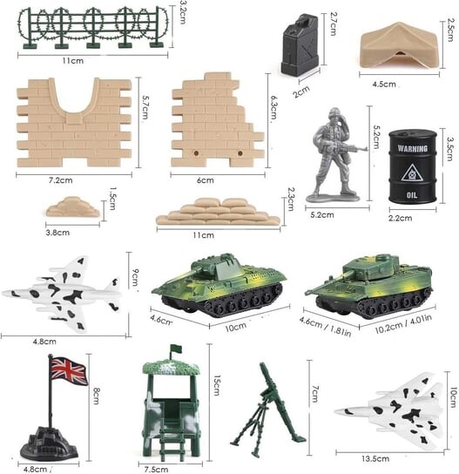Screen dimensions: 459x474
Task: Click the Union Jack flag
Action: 69,371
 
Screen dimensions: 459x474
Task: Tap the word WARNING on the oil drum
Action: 413,148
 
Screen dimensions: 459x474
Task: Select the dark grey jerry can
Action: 300,44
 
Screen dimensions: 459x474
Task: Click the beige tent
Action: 399,46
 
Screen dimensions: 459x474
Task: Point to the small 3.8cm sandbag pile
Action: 73,207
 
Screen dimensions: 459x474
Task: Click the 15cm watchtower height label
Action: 217,385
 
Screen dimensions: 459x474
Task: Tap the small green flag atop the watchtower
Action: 176,349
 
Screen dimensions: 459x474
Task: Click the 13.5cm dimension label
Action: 375,458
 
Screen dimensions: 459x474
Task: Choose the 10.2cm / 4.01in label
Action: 403,323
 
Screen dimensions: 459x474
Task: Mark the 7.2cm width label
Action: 61,180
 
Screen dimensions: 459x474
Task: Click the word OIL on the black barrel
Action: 412,195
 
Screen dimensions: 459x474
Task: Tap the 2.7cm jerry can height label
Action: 333,24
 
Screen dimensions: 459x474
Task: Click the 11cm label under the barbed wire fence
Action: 73,61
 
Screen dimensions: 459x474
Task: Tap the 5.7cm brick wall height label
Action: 145,107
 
